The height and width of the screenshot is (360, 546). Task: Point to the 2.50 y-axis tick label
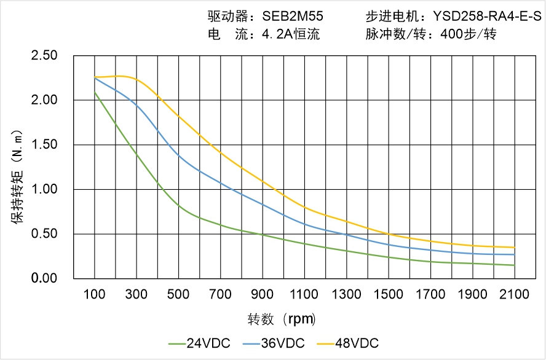44,56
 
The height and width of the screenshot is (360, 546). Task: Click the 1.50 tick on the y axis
44,145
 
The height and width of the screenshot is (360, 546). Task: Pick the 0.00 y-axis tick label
44,279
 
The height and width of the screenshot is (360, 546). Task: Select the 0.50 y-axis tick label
44,234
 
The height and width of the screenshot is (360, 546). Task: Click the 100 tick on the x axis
95,294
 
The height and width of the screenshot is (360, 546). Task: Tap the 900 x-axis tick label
263,294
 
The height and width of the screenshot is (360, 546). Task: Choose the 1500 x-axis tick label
389,294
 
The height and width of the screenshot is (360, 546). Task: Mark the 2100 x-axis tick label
515,294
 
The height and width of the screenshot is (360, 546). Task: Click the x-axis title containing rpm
282,319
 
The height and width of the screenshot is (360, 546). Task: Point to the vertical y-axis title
18,178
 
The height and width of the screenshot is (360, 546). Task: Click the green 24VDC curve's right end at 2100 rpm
515,265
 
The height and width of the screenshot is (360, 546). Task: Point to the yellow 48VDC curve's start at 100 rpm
95,77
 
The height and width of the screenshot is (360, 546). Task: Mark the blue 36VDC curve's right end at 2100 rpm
515,254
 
